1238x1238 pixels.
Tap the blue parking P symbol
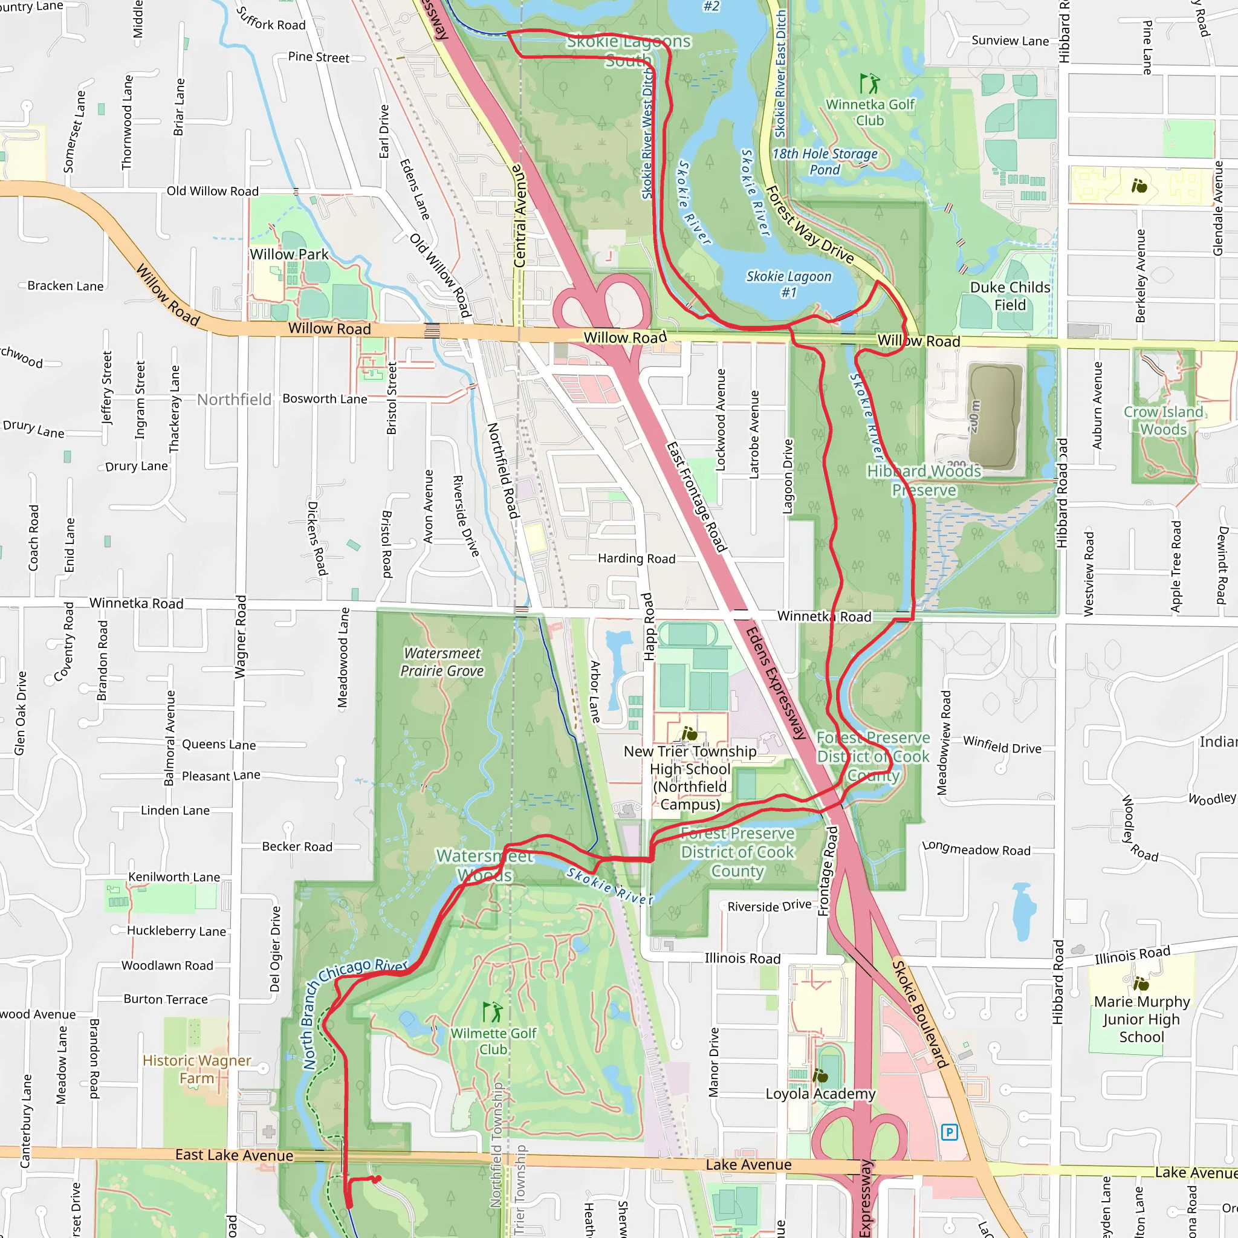click(x=949, y=1132)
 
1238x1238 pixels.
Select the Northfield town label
click(x=234, y=399)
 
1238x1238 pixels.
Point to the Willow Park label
click(x=289, y=254)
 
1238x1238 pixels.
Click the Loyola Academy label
click(x=820, y=1094)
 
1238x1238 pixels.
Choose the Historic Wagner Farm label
click(x=196, y=1069)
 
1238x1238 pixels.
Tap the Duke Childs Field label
click(x=1010, y=296)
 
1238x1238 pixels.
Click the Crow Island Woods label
click(x=1164, y=420)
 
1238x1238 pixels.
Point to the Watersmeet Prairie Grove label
click(x=442, y=662)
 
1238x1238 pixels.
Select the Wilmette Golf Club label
click(x=493, y=1042)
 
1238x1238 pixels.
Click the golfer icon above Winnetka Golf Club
click(x=869, y=83)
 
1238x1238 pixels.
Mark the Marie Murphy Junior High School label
click(x=1141, y=1019)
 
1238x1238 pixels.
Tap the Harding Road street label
click(x=637, y=558)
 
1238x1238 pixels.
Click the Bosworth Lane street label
click(x=325, y=398)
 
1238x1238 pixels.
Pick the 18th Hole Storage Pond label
click(x=825, y=161)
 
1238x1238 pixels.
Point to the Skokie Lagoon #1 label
click(x=789, y=284)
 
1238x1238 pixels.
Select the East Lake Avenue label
click(x=235, y=1155)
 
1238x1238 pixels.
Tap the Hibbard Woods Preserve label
click(x=924, y=481)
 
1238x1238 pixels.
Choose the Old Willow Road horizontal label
click(x=213, y=191)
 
